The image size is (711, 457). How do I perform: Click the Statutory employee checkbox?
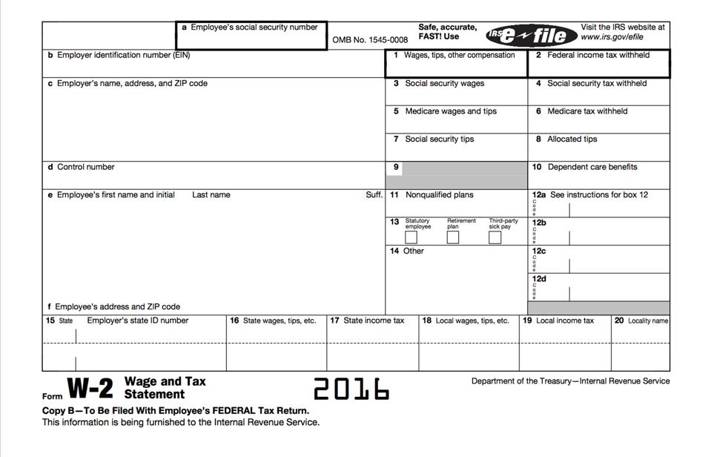tap(411, 237)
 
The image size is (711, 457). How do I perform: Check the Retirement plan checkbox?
tap(453, 237)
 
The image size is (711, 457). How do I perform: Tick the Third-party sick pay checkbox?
tap(495, 237)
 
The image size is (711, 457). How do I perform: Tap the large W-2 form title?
tap(90, 388)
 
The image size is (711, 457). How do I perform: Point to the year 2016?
tap(351, 388)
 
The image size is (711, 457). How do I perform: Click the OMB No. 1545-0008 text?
tap(370, 40)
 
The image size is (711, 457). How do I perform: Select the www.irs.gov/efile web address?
tap(612, 37)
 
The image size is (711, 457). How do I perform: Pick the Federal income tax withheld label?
tap(598, 56)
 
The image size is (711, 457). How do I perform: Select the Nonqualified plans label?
tap(438, 195)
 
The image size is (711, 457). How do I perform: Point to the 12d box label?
tap(539, 279)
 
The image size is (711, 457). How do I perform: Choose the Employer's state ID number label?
tap(137, 321)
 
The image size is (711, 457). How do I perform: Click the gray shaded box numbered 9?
tap(463, 175)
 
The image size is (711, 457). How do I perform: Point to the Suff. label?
tap(374, 195)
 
